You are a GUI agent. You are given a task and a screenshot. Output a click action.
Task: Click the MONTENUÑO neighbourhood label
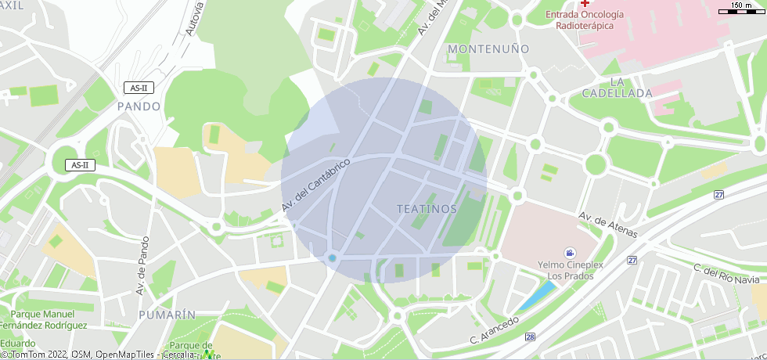click(488, 49)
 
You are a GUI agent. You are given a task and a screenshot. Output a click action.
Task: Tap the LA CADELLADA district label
click(617, 87)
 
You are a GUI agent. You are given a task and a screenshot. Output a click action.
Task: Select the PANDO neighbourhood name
click(139, 106)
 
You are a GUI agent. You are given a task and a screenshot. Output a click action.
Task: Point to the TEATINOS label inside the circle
click(427, 209)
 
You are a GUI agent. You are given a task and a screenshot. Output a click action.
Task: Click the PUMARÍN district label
click(167, 314)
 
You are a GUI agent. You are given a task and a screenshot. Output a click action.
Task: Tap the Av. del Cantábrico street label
click(315, 183)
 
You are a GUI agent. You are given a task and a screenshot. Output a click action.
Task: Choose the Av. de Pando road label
click(142, 267)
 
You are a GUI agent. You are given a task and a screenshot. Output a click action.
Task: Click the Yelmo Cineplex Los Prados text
click(570, 271)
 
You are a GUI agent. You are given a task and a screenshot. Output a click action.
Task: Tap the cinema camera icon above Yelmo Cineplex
click(570, 253)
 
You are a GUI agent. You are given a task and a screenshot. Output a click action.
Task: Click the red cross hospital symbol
click(585, 4)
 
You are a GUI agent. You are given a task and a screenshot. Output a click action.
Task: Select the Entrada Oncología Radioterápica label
click(585, 20)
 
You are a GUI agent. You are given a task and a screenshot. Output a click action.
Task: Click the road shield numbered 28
click(531, 337)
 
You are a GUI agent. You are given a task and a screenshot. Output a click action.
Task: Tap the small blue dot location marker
click(332, 258)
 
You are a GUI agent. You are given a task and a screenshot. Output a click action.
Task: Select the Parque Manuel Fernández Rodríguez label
click(54, 319)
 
